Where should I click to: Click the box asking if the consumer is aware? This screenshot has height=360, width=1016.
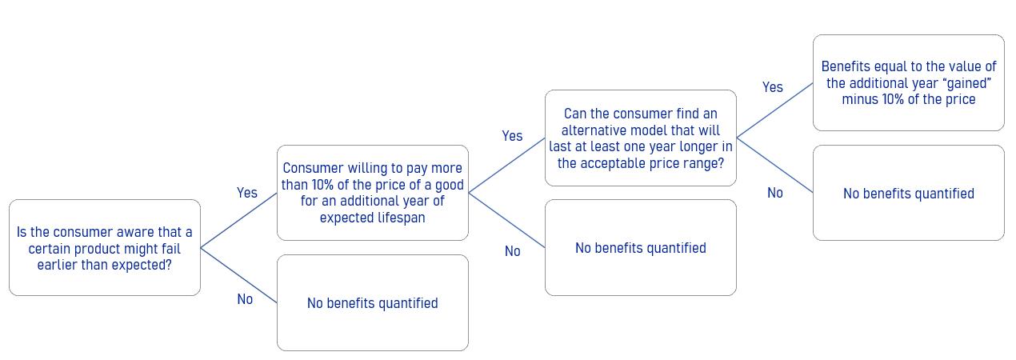pos(105,247)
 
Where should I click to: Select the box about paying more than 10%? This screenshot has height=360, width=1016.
pos(373,193)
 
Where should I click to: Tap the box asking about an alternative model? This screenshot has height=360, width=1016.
pos(641,138)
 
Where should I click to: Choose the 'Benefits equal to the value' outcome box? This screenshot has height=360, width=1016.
pos(909,83)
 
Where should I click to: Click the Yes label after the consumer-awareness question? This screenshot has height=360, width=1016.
pos(246,193)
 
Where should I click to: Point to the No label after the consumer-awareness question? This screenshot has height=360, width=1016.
pos(245,299)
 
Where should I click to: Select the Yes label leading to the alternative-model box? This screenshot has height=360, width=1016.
pos(512,136)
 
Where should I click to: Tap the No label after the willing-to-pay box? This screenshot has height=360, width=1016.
pos(513,251)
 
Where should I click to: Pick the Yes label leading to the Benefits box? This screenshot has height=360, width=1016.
pos(773,87)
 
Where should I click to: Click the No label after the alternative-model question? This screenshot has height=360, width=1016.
pos(775,193)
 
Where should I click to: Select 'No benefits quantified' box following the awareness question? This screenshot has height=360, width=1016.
pos(373,303)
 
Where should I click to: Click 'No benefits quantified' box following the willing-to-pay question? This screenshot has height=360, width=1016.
pos(641,247)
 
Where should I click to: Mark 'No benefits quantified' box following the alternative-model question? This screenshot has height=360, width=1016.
pos(909,193)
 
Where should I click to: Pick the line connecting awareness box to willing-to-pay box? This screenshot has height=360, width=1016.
pos(238,220)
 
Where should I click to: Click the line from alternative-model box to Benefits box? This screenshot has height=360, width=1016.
pos(774,110)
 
